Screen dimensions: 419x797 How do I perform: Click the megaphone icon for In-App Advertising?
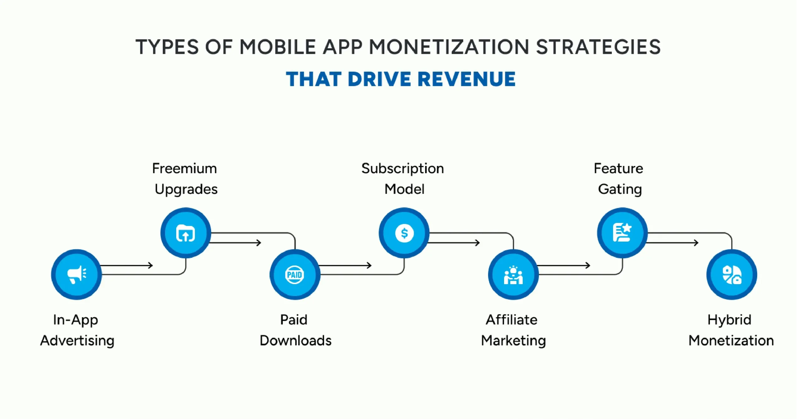77,275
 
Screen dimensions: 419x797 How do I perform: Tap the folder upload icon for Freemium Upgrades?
186,233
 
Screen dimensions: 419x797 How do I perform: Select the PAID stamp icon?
295,275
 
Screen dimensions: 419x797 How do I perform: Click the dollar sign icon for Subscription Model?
404,233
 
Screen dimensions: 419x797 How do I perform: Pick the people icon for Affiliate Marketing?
513,275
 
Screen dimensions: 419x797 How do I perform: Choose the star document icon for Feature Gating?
622,233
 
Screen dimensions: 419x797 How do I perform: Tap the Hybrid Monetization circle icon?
732,275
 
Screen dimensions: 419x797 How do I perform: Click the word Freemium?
184,168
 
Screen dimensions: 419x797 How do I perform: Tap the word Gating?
620,189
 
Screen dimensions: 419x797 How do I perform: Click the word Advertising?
77,341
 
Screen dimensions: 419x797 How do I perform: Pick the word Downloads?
295,341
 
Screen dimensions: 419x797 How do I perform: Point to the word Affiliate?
512,320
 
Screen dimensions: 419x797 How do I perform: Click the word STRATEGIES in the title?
598,47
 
